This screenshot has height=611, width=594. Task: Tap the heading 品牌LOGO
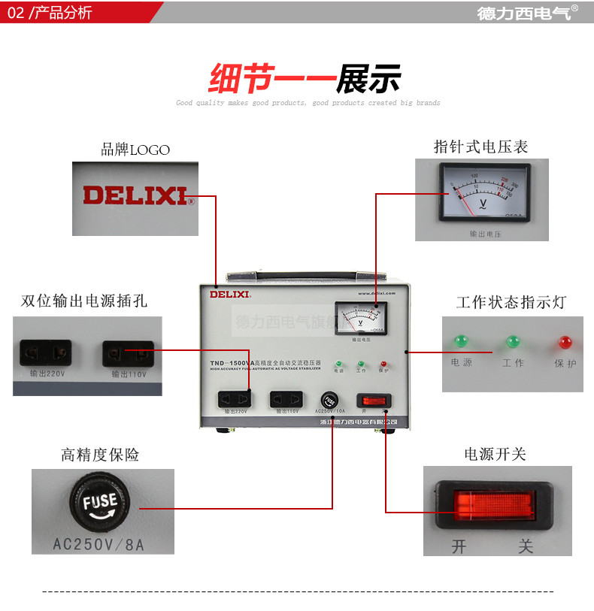coord(135,150)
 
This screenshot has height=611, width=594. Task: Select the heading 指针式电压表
coord(480,147)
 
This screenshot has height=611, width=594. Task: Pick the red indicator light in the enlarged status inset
coord(565,343)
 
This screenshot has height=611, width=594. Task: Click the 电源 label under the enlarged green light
coord(462,363)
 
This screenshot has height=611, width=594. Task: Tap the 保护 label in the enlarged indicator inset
coord(565,363)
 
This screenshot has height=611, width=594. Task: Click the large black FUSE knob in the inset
coord(101,502)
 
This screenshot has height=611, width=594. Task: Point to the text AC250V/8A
coord(103,543)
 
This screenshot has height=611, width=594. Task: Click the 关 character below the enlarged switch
coord(526,546)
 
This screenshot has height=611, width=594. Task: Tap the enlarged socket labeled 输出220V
coord(46,352)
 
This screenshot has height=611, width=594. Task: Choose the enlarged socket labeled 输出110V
coord(128,353)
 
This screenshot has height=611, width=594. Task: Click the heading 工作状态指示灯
coord(511,303)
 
